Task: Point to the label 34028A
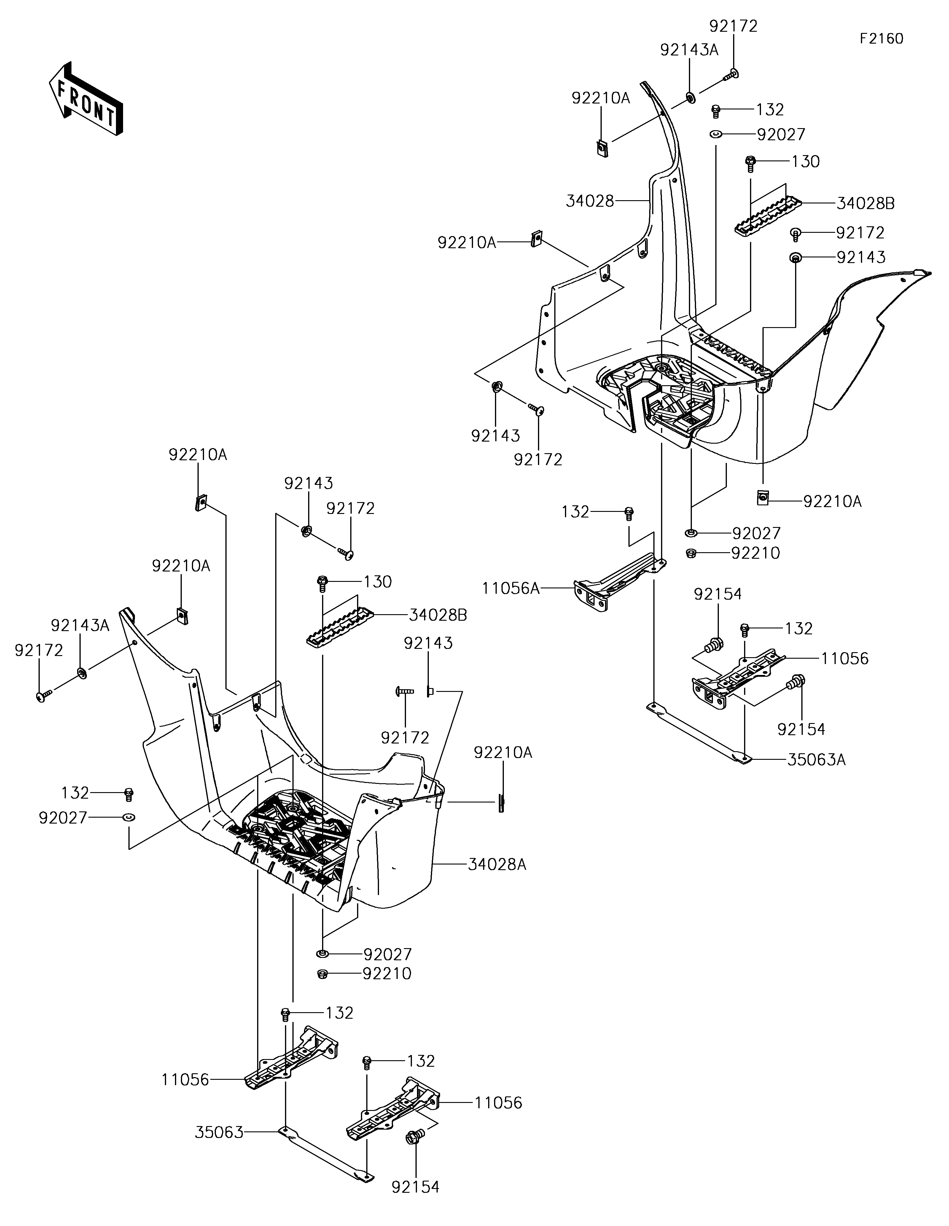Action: pyautogui.click(x=497, y=864)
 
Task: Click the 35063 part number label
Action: pyautogui.click(x=219, y=1133)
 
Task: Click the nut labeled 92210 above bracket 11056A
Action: pyautogui.click(x=691, y=553)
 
